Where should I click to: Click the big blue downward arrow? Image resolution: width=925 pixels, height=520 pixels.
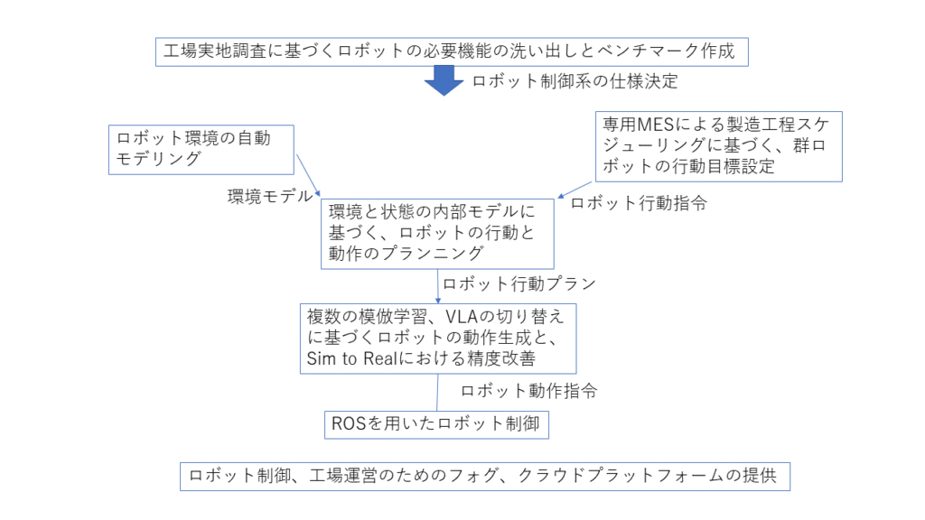point(444,80)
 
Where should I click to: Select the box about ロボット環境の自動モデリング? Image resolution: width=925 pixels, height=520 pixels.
point(203,149)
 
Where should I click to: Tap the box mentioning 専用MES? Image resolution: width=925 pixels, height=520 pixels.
point(719,145)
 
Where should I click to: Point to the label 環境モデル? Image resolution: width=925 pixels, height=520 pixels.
point(270,196)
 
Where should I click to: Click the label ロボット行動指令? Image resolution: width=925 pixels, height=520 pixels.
point(638,203)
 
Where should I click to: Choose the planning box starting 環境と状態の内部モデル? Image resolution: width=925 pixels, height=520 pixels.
point(438,233)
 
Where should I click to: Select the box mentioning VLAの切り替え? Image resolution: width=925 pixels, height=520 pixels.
point(438,337)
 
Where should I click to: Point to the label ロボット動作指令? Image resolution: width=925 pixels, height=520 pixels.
point(528,392)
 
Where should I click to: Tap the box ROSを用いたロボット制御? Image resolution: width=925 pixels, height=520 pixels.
point(436,423)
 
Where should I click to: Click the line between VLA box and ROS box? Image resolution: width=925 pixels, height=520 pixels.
point(438,392)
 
